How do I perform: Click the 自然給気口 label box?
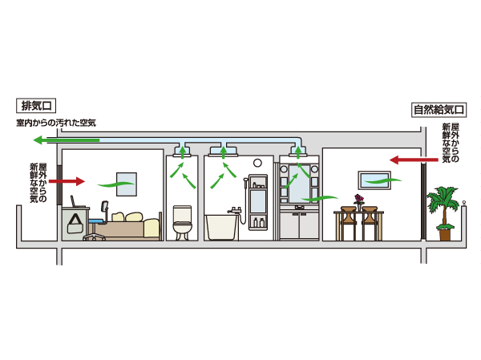(439, 110)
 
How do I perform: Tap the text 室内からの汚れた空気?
(56, 123)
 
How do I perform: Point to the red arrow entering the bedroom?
(67, 181)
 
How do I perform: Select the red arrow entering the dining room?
(406, 160)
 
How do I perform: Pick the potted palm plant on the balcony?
(443, 210)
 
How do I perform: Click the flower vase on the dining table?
(358, 200)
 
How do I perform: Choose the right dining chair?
(370, 222)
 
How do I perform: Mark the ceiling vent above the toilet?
(182, 151)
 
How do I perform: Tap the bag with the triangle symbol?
(76, 224)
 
